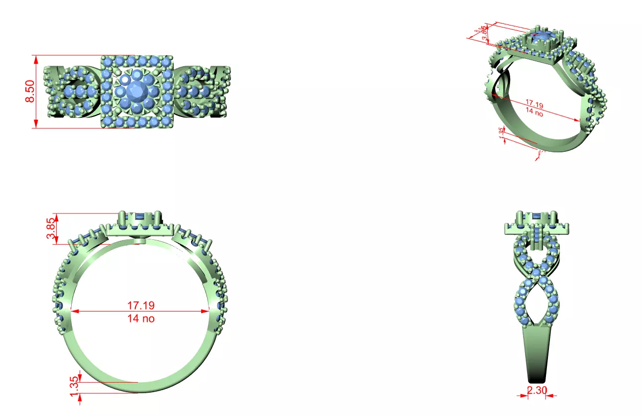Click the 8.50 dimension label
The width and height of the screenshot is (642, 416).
[x=30, y=92]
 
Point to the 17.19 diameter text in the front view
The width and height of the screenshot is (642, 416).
[x=140, y=305]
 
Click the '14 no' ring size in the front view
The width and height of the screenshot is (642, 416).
[x=140, y=318]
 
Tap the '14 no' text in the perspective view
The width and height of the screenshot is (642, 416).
[x=534, y=112]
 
